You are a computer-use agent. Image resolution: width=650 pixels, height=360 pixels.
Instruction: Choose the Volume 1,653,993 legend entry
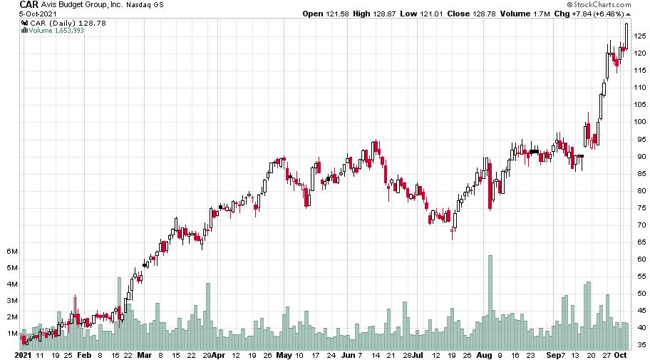(x=56, y=30)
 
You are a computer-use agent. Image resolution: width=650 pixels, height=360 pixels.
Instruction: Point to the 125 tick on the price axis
(x=639, y=36)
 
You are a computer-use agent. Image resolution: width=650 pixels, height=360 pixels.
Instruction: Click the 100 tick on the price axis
(x=639, y=122)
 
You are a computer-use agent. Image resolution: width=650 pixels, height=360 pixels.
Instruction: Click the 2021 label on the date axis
(x=24, y=354)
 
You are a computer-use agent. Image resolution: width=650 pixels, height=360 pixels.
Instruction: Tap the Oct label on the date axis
(x=621, y=354)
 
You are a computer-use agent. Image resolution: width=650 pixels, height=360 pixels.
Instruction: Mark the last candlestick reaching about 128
(x=626, y=36)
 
